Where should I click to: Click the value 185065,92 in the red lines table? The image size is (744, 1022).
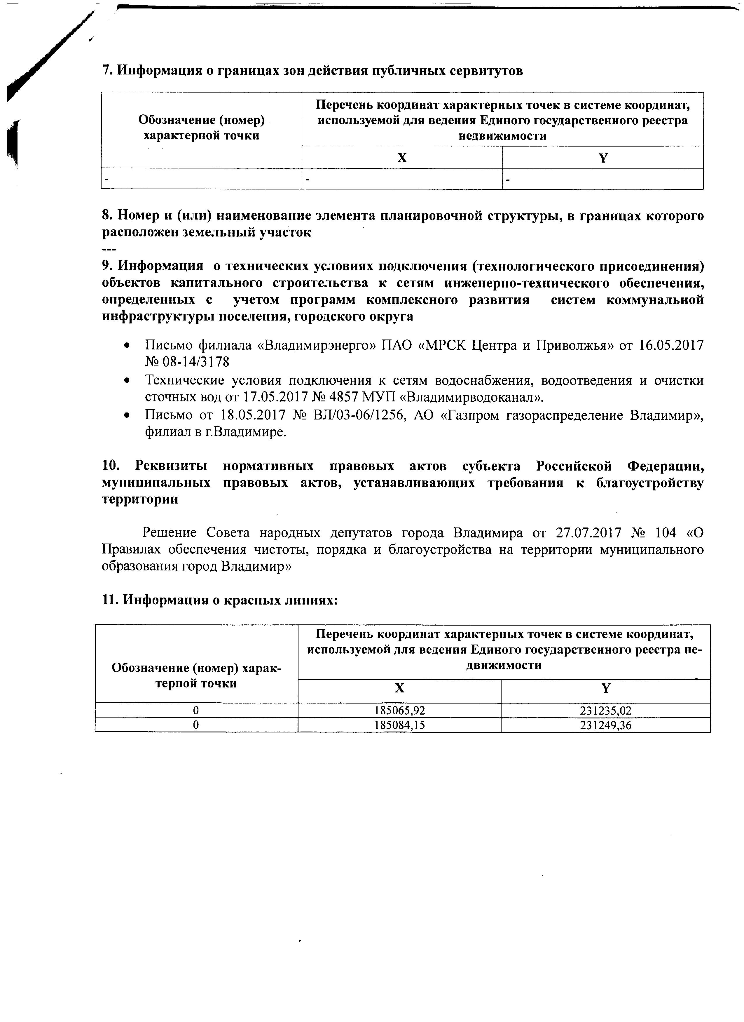click(399, 711)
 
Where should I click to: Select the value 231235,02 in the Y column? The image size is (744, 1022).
click(605, 711)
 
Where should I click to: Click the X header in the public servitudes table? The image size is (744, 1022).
click(402, 158)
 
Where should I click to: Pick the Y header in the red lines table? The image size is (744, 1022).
click(606, 688)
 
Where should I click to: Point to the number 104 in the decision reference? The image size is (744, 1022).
click(667, 533)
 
